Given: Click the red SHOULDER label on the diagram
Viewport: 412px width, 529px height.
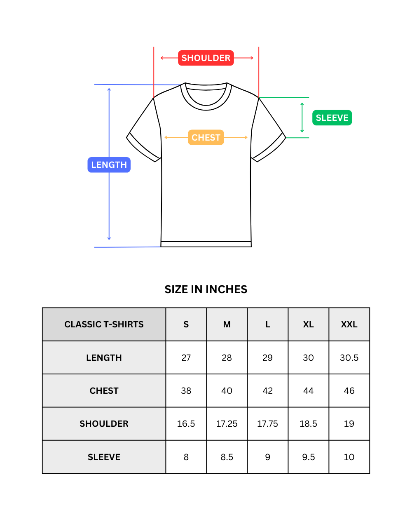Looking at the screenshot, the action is (206, 58).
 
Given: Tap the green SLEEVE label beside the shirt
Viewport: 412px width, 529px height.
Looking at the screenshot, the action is (332, 118).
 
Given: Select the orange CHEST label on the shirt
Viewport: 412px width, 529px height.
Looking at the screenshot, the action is (206, 137).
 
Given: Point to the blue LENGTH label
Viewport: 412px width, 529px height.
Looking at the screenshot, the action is (109, 165).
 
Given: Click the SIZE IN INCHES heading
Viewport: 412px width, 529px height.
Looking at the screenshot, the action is (206, 289).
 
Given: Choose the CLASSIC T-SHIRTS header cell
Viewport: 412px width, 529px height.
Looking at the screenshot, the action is (104, 324).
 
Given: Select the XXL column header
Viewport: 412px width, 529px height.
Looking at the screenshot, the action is (349, 324).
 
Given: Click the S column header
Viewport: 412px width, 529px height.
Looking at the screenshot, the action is (186, 324).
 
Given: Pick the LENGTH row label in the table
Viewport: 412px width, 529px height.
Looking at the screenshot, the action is (104, 357).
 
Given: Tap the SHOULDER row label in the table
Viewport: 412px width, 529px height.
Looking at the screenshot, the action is (104, 424).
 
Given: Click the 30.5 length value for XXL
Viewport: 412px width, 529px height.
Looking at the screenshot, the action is (349, 357).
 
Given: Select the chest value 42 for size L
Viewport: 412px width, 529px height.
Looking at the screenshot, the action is (267, 391).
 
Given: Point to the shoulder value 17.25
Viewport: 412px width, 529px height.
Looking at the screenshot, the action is (227, 424).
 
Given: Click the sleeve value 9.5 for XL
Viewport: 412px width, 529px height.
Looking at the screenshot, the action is (309, 457).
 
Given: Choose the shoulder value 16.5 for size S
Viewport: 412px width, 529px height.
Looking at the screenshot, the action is (186, 424).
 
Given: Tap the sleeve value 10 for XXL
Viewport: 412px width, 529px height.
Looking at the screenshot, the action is (349, 457).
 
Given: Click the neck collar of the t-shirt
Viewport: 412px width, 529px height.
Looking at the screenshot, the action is (206, 96).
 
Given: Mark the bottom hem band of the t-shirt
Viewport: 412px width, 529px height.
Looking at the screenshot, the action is (206, 244).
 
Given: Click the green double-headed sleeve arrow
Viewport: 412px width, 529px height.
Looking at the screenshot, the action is (302, 118).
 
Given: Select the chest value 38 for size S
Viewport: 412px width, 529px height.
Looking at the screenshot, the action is (186, 391).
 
